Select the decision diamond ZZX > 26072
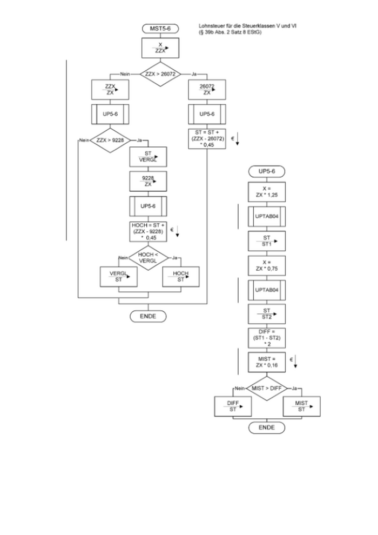pos(160,73)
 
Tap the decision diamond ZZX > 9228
pos(110,140)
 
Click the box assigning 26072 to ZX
pos(207,89)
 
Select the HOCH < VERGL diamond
pos(148,257)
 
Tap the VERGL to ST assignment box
pos(119,277)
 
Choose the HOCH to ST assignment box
pos(181,277)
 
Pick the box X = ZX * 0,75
pos(267,265)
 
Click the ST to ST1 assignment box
pos(267,241)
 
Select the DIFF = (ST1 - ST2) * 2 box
pos(267,338)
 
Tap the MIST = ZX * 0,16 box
pos(267,362)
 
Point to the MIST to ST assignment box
pos(302,406)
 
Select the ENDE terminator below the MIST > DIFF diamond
pos(267,427)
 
